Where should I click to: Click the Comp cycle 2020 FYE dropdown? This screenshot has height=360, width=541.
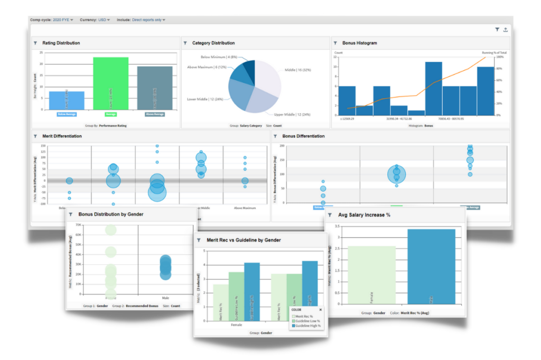[63, 20]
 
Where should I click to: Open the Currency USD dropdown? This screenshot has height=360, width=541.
[104, 20]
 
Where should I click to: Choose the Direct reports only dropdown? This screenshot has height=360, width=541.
[148, 20]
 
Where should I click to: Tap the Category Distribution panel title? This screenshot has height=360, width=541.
[213, 43]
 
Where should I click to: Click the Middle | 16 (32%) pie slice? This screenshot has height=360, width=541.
[267, 73]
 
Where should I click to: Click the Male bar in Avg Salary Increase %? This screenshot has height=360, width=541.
[431, 266]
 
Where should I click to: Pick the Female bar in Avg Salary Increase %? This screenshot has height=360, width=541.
[372, 275]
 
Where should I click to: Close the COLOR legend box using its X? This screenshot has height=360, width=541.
[320, 310]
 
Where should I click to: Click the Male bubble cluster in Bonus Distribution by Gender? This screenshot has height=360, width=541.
[166, 267]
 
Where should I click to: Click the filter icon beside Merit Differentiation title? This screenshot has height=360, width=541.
[35, 136]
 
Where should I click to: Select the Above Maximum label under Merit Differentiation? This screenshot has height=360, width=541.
[245, 208]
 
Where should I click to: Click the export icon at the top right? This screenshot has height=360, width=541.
[505, 30]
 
